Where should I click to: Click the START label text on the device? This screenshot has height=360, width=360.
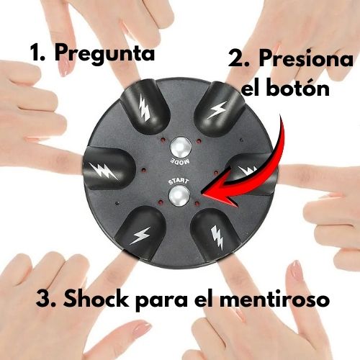click(x=179, y=181)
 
